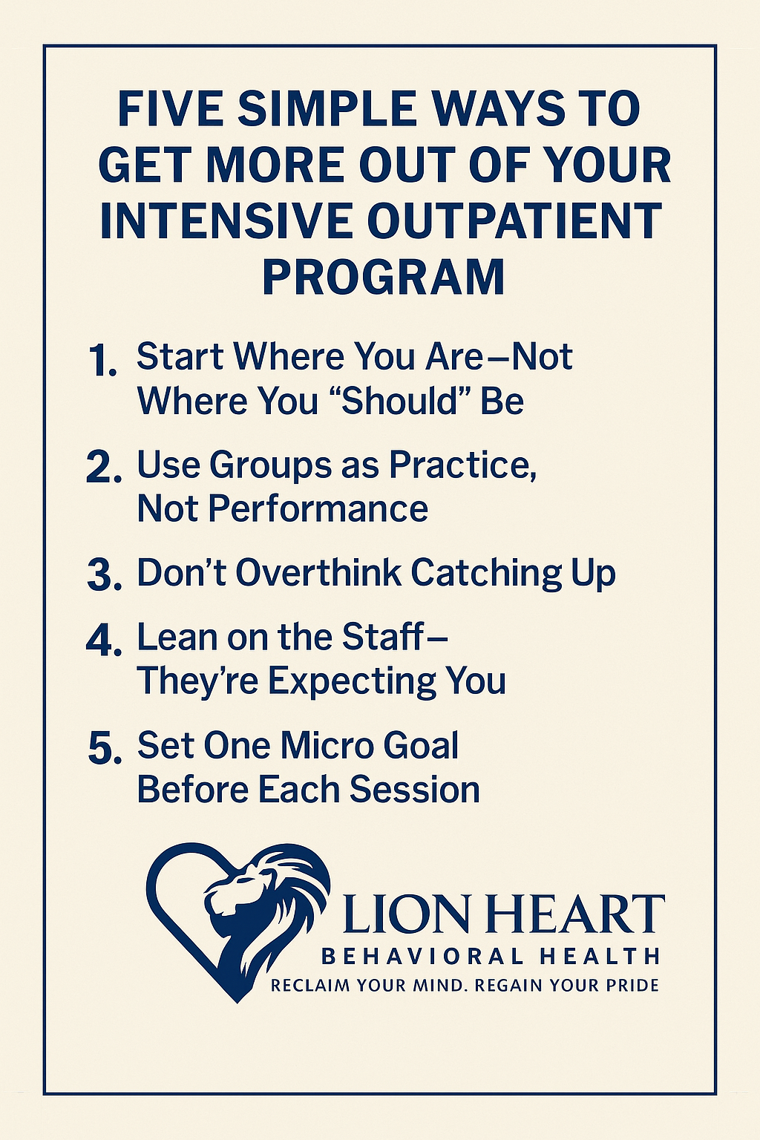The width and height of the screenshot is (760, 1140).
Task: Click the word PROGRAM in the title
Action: [383, 277]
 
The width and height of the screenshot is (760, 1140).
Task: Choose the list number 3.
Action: [103, 577]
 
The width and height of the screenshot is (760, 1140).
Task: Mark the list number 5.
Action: [104, 748]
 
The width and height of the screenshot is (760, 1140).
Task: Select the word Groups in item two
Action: [271, 465]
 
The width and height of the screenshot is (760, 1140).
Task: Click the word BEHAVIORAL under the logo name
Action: [419, 956]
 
